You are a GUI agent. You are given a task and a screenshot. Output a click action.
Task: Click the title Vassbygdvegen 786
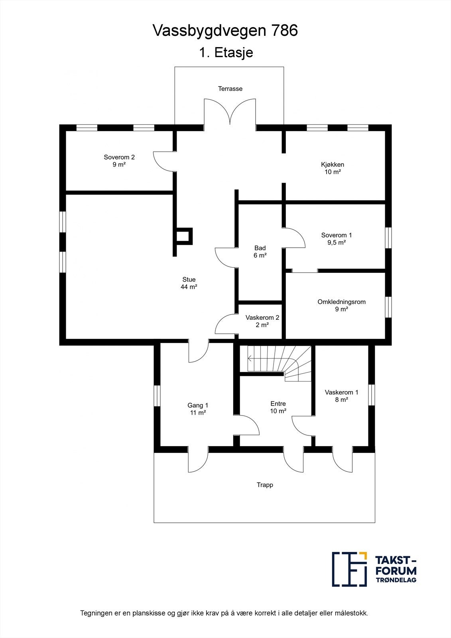tap(225, 31)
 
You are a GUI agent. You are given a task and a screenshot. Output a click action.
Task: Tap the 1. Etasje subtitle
tap(226, 53)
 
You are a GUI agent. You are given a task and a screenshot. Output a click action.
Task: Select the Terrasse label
tap(230, 89)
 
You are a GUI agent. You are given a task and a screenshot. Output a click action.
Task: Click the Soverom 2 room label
tap(119, 161)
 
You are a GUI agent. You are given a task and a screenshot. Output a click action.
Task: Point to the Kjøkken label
tap(332, 168)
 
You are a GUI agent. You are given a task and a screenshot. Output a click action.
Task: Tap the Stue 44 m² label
tap(189, 283)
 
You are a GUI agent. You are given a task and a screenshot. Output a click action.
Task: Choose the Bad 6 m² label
tap(260, 252)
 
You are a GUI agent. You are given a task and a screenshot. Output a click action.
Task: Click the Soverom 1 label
tap(337, 238)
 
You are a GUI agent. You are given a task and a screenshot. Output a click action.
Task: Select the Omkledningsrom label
tap(341, 305)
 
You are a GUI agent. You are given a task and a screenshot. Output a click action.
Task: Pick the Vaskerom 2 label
tap(262, 321)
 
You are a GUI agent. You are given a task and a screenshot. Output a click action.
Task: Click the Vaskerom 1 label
tap(341, 396)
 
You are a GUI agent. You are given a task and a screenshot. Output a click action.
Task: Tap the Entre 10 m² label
tap(278, 407)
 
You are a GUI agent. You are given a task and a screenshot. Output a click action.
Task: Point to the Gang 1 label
tap(198, 409)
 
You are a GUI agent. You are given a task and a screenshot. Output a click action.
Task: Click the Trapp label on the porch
tap(265, 485)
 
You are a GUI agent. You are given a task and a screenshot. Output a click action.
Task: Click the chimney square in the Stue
tap(184, 236)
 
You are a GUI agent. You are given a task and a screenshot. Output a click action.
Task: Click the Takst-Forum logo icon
tap(349, 569)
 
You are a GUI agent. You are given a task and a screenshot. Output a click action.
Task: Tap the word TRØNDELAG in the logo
tap(396, 580)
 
